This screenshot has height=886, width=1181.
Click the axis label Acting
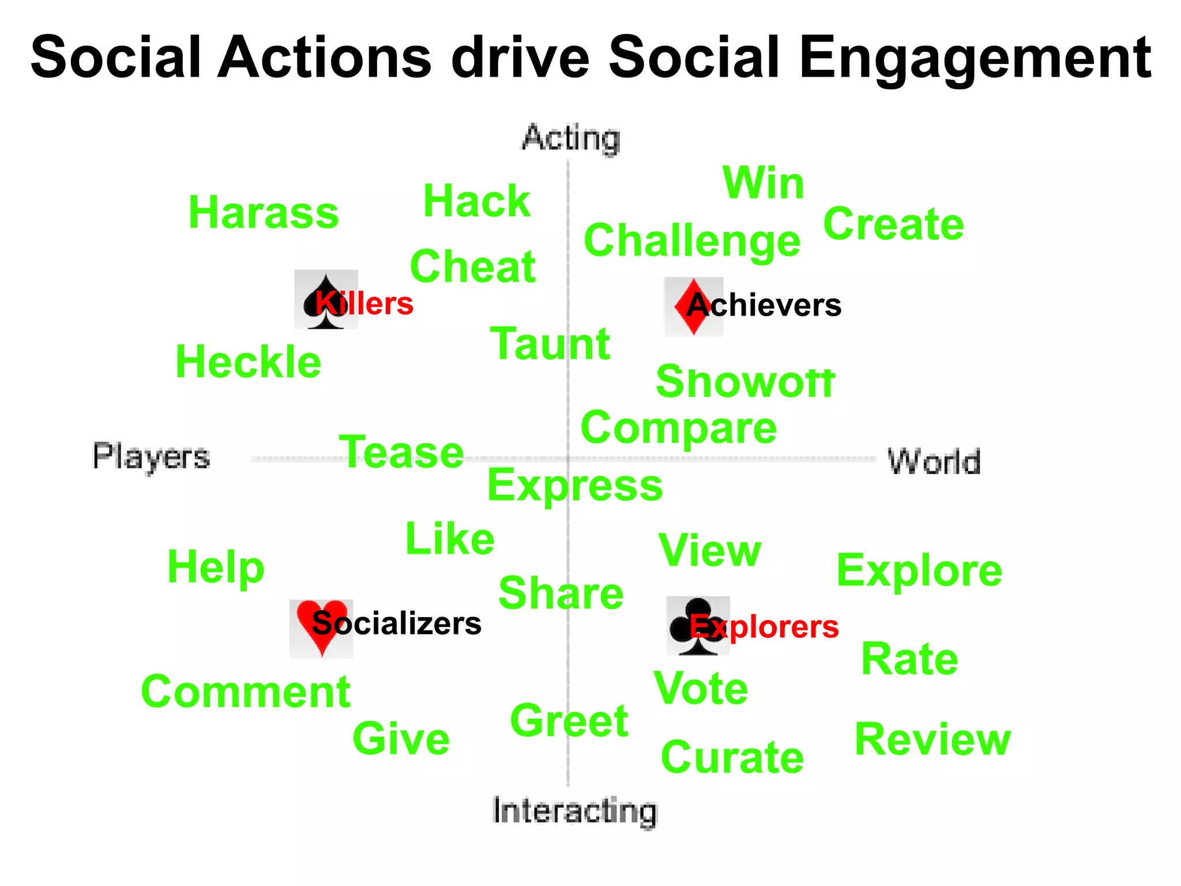pyautogui.click(x=571, y=138)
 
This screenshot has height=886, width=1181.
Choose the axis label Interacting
pyautogui.click(x=575, y=810)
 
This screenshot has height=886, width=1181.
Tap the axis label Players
pyautogui.click(x=151, y=457)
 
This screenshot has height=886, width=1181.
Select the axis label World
pyautogui.click(x=934, y=461)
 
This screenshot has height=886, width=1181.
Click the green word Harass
pyautogui.click(x=264, y=213)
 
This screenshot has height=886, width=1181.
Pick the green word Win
pyautogui.click(x=763, y=183)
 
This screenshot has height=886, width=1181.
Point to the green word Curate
pyautogui.click(x=732, y=757)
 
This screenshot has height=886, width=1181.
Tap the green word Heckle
pyautogui.click(x=248, y=362)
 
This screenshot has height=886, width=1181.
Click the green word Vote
pyautogui.click(x=701, y=688)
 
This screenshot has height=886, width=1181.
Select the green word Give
pyautogui.click(x=401, y=739)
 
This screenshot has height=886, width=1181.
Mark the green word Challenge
pyautogui.click(x=692, y=241)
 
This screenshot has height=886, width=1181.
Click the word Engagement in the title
pyautogui.click(x=975, y=58)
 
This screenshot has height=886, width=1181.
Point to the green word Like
pyautogui.click(x=450, y=539)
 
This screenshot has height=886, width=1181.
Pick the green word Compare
pyautogui.click(x=679, y=429)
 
